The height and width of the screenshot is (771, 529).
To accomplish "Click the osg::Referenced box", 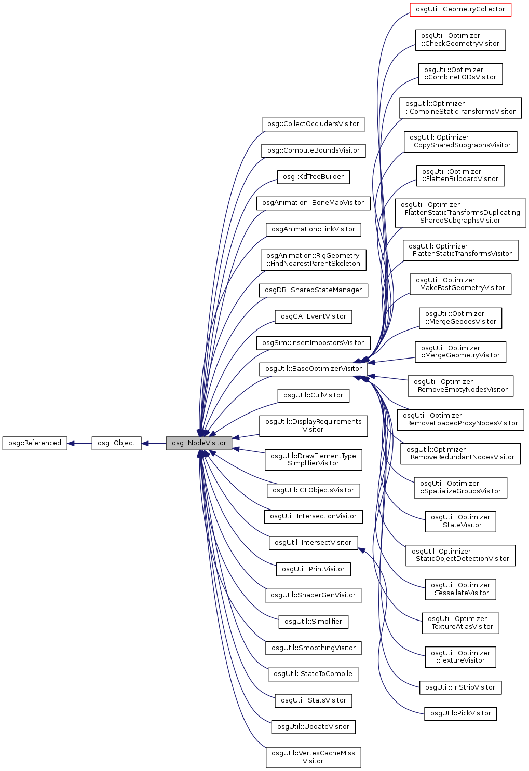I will [35, 443].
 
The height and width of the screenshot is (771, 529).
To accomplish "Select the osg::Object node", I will [116, 443].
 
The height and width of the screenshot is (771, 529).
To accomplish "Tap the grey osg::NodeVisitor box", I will [199, 443].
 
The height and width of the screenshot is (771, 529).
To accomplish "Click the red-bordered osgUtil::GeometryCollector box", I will [460, 9].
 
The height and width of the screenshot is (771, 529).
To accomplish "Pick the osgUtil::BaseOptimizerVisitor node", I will [313, 369].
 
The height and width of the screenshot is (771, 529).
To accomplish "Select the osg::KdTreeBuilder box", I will [313, 177].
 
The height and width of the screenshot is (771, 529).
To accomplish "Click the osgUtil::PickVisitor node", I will [460, 713].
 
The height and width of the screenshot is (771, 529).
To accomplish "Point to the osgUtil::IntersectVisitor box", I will [313, 543].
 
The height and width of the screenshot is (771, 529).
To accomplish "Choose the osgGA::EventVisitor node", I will [313, 316].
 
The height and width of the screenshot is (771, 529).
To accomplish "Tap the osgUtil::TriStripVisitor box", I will [460, 687].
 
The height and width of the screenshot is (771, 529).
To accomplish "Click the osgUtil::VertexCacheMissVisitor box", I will [313, 757].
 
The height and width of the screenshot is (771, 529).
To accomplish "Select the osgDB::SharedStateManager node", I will [313, 290].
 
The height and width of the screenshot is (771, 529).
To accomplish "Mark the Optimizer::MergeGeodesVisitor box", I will [460, 318].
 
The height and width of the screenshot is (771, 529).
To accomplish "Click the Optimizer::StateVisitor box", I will [460, 521].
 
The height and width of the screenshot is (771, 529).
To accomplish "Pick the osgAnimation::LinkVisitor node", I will [313, 229].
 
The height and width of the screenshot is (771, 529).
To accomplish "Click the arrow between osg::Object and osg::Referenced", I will [79, 444].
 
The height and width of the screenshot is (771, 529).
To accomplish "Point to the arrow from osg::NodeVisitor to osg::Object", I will [153, 444].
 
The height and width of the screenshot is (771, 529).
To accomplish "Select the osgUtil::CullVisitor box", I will [313, 395].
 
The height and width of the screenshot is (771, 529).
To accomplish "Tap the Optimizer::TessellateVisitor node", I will [460, 589].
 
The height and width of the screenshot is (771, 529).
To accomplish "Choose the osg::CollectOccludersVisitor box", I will [313, 124].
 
